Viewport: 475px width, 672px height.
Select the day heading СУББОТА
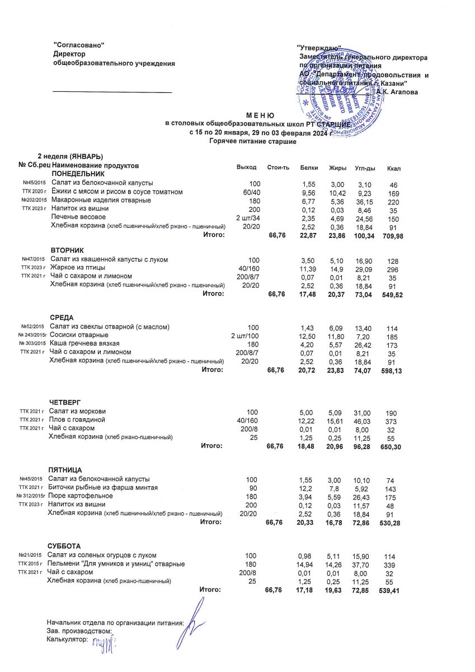[64, 546]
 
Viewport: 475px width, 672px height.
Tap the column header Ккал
[393, 168]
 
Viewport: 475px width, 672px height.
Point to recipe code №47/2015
[33, 260]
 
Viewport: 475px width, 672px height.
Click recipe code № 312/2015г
[32, 497]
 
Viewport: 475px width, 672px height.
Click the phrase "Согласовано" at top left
[79, 45]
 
